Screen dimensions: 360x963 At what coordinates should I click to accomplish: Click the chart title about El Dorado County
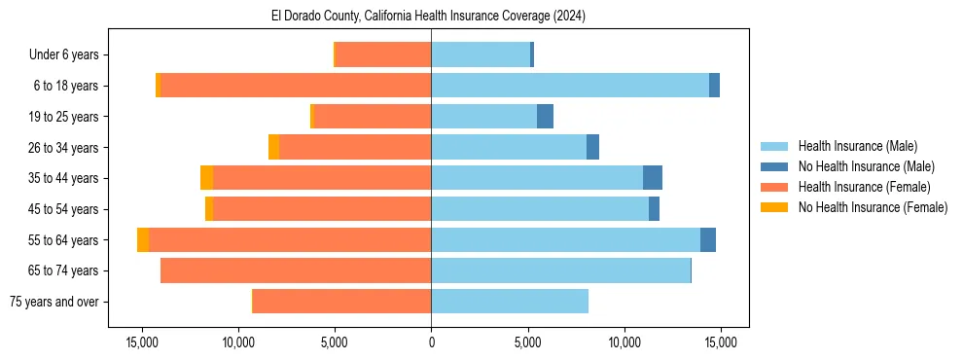click(428, 17)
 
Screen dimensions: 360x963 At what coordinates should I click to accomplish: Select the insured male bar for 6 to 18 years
click(570, 86)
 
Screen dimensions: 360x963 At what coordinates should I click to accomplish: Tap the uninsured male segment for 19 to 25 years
click(545, 117)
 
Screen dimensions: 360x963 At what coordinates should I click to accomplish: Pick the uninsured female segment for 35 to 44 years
click(206, 178)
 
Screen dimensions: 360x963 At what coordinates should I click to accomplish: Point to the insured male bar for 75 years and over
click(510, 302)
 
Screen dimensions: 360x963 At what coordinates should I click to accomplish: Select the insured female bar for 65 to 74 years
click(296, 270)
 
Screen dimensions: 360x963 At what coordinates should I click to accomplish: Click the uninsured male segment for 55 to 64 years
click(708, 240)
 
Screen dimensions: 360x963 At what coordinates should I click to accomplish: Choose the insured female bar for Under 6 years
click(383, 55)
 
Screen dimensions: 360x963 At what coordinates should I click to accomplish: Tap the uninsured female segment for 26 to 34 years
click(273, 148)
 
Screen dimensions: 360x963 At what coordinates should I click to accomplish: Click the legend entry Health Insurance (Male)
click(857, 146)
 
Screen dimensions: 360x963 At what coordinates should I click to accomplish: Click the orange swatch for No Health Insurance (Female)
click(775, 207)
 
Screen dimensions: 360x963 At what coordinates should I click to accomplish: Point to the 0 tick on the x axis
click(431, 342)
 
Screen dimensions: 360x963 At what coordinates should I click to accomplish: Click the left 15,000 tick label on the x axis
click(142, 342)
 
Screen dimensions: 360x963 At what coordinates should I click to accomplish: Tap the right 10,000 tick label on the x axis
click(624, 342)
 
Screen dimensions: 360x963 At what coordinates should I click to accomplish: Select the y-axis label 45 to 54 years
click(65, 209)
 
